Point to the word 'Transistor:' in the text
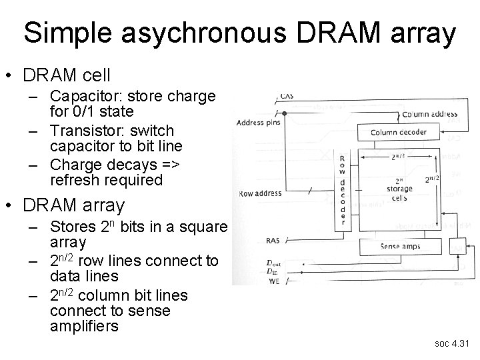click(85, 130)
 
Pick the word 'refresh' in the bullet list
click(73, 180)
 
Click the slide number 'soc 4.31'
click(453, 345)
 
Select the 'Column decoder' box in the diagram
click(399, 132)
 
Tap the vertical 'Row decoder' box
click(342, 190)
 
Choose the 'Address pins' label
click(257, 123)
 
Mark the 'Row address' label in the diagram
click(259, 193)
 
